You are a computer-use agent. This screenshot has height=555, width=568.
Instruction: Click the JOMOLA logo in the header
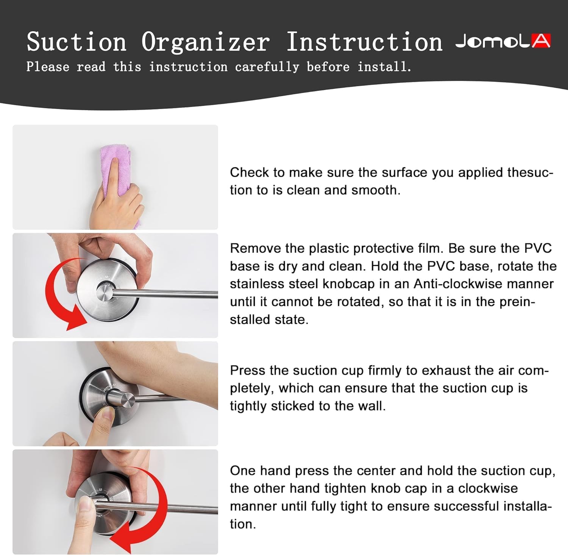pos(503,41)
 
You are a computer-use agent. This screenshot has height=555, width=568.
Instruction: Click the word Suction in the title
pos(76,42)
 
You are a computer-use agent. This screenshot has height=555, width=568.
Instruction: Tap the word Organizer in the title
pos(206,42)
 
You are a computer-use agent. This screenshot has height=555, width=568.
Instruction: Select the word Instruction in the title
pos(364,42)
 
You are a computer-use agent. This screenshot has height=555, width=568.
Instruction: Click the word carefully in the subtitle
pos(267,67)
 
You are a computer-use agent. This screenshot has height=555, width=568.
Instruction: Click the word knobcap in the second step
pos(347,284)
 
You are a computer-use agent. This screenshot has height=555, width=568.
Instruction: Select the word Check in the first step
pos(250,172)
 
